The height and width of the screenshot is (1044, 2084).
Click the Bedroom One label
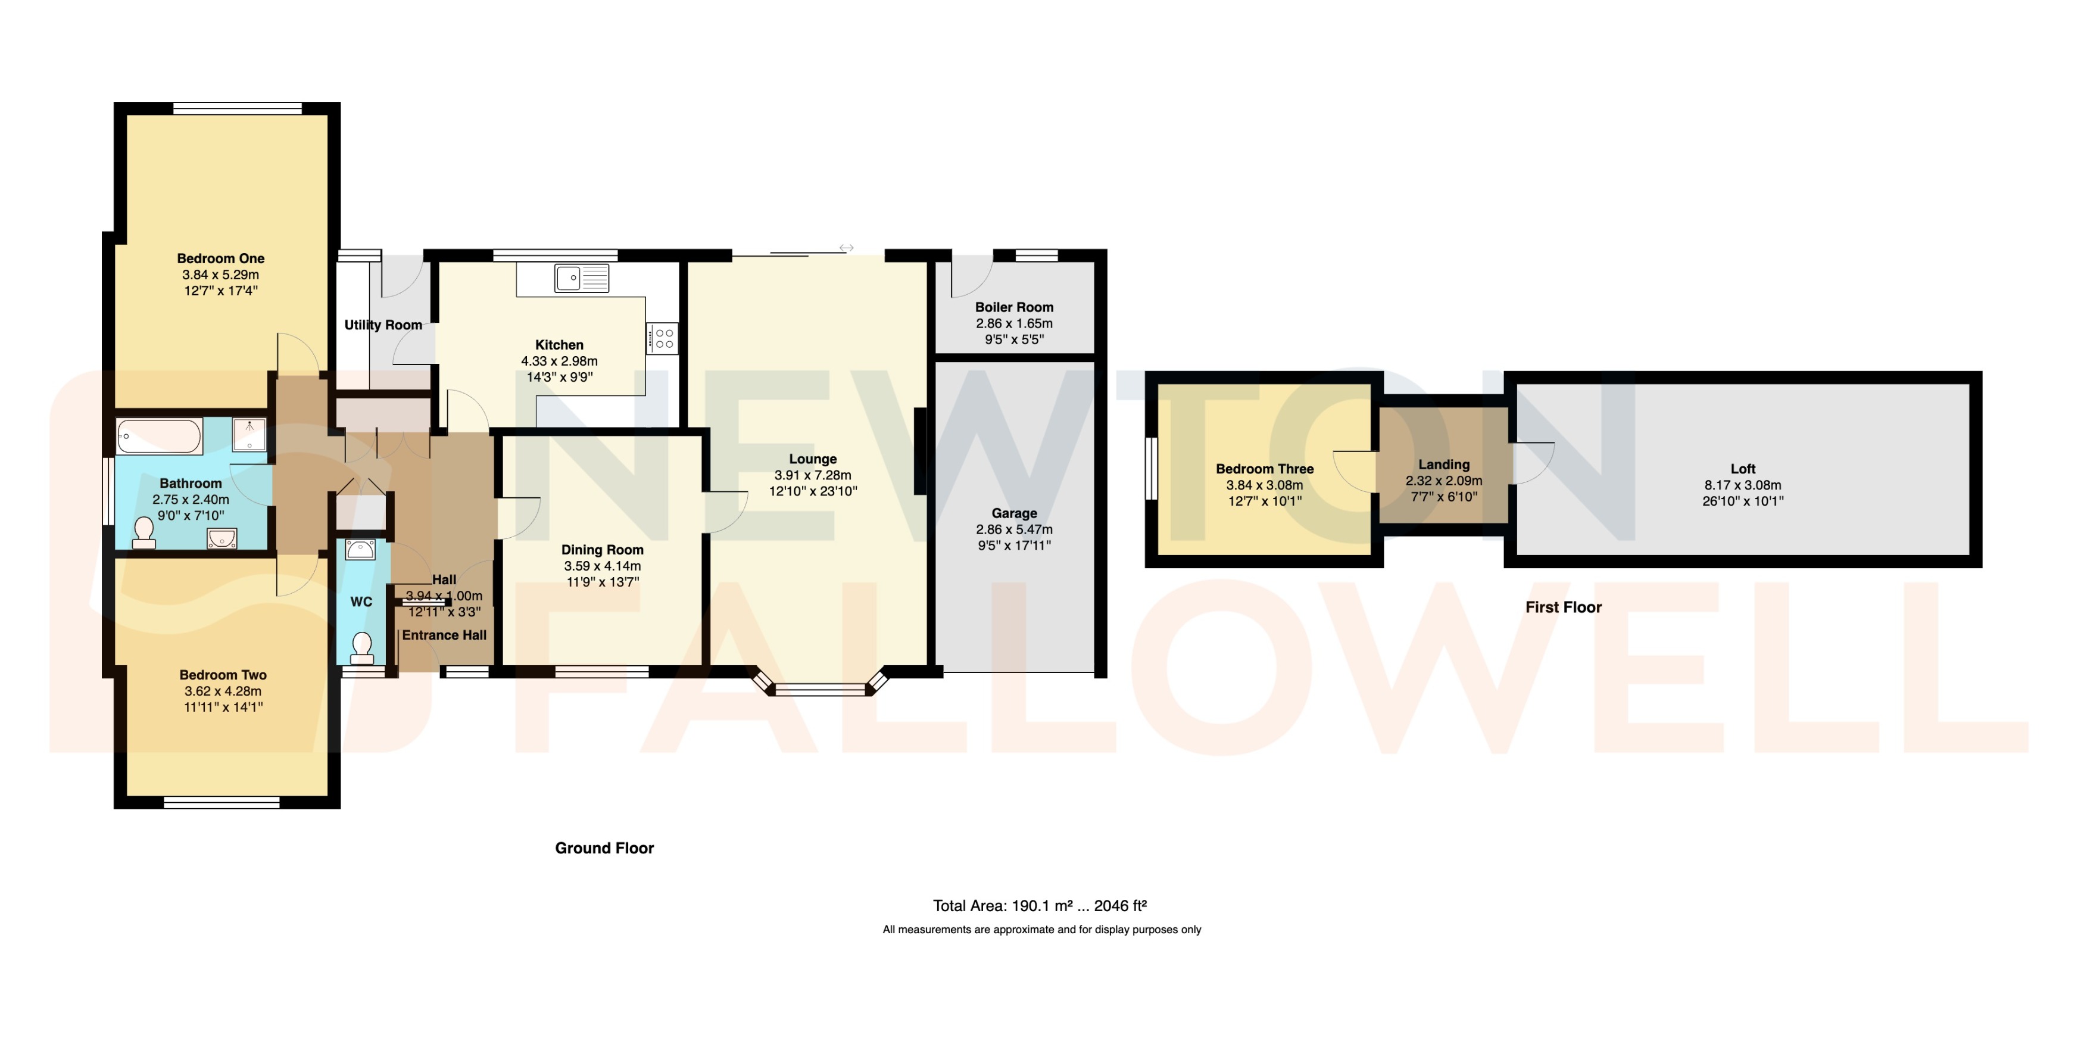(x=221, y=258)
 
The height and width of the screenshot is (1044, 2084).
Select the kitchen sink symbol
(x=582, y=278)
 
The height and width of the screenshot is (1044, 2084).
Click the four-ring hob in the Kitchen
(x=662, y=338)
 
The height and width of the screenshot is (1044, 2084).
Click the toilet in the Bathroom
(x=145, y=532)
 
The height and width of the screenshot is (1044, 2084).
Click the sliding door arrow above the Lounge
(x=846, y=248)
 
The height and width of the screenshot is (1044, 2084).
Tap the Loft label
(x=1743, y=469)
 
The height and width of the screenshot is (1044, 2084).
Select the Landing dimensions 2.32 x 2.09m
(x=1443, y=481)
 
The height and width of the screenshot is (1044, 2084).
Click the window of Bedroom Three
(x=1150, y=469)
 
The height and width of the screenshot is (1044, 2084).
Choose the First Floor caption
(x=1563, y=607)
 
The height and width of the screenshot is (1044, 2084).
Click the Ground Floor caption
(x=604, y=848)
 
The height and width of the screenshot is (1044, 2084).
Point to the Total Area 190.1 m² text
(x=1040, y=906)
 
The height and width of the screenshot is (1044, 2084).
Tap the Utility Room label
(x=383, y=325)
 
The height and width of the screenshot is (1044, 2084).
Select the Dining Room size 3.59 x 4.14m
(x=602, y=566)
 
